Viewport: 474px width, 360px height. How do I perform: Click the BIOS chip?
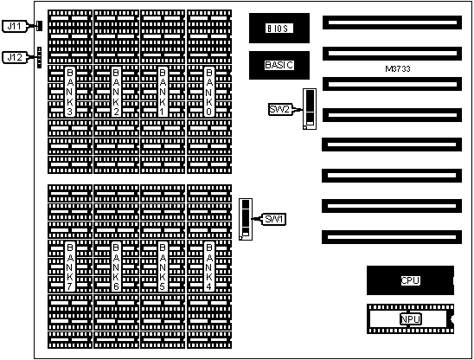point(279,29)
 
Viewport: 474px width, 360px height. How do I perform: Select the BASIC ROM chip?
point(279,65)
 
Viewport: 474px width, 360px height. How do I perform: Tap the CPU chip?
point(410,280)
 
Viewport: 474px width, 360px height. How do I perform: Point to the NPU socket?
point(410,318)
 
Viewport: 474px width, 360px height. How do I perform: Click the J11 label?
point(15,26)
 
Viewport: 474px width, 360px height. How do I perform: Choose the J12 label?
point(15,57)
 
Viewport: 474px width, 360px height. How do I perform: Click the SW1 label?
point(274,219)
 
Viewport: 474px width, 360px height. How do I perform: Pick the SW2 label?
point(280,109)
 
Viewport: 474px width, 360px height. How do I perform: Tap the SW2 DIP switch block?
point(310,109)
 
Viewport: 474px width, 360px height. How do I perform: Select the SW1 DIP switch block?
point(246,219)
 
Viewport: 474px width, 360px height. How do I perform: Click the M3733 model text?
point(398,69)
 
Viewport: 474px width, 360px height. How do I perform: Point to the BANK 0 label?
point(208,92)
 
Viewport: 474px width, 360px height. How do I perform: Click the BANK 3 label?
point(70,92)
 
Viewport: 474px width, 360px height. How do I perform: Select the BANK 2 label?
point(116,92)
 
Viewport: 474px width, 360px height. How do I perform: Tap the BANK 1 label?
point(163,92)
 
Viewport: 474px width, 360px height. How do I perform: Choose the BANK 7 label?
point(70,267)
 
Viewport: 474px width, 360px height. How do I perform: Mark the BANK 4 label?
point(208,267)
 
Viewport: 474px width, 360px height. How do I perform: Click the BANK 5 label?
point(163,267)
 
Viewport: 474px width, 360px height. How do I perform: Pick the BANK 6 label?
point(116,267)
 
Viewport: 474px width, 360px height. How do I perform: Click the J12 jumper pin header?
point(39,57)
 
